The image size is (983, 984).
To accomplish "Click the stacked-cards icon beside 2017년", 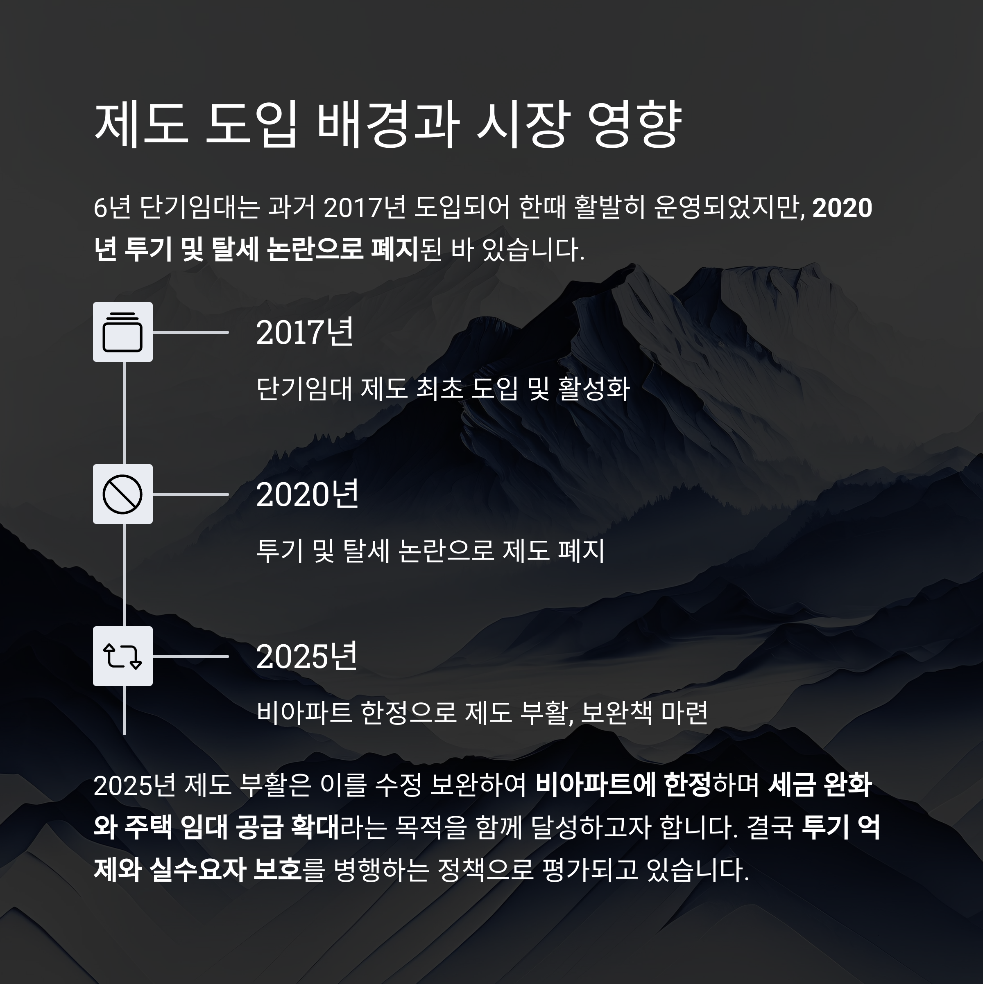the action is (122, 332).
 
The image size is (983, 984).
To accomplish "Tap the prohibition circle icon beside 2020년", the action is (122, 494).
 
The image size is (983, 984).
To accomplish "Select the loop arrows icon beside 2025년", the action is (122, 656).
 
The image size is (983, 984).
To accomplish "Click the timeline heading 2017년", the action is (305, 333).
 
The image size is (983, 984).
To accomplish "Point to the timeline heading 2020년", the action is (307, 494).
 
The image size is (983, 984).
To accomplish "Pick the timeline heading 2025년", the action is (307, 657).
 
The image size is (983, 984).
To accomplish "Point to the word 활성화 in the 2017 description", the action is (594, 388).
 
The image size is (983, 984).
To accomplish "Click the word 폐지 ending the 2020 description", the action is (582, 551).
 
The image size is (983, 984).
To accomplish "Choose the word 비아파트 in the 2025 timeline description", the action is (304, 713).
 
